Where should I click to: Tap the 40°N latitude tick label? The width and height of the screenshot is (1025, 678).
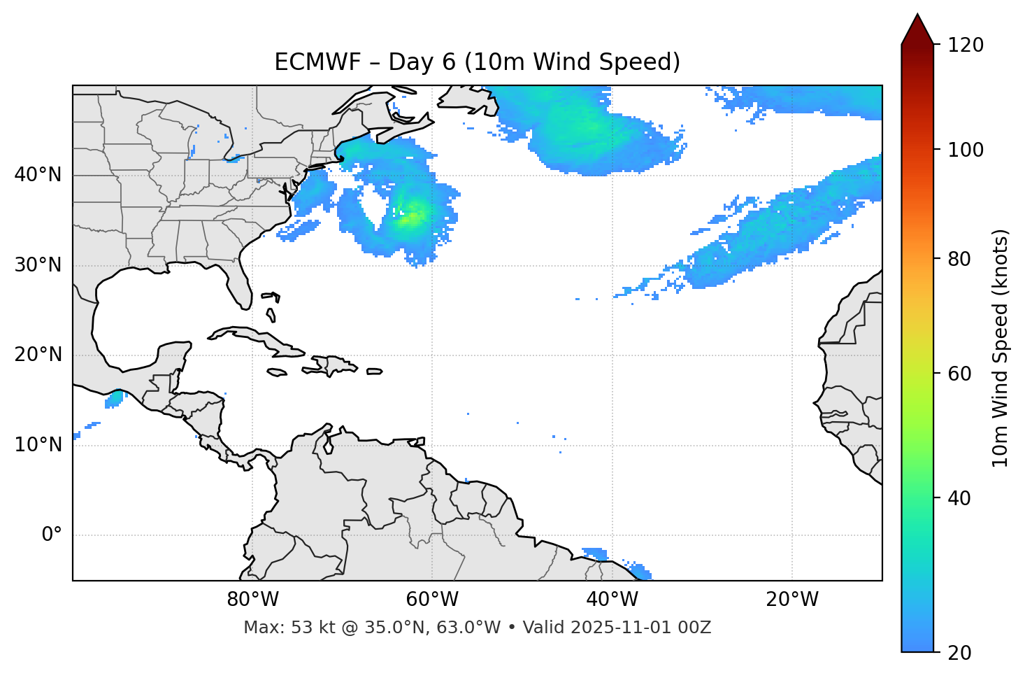tap(38, 175)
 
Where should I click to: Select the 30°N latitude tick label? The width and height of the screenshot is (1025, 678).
tap(38, 265)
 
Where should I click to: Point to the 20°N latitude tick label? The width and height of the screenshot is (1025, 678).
tap(38, 355)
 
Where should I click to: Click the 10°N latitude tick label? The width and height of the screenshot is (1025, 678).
tap(38, 445)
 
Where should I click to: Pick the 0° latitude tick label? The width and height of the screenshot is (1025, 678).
tap(52, 535)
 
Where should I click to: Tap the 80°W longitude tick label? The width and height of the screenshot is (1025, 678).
tap(252, 600)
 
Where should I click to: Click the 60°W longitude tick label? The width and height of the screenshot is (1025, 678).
tap(432, 600)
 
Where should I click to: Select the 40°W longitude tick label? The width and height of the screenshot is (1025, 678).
tap(612, 600)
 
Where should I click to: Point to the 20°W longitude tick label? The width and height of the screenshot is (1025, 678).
tap(792, 600)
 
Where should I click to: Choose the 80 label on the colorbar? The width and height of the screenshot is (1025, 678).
tap(963, 259)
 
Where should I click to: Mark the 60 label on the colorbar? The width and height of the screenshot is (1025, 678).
tap(963, 374)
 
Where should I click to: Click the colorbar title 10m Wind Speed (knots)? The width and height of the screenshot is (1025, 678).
tap(1001, 348)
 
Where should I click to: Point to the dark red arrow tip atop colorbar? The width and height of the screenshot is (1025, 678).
tap(917, 22)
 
